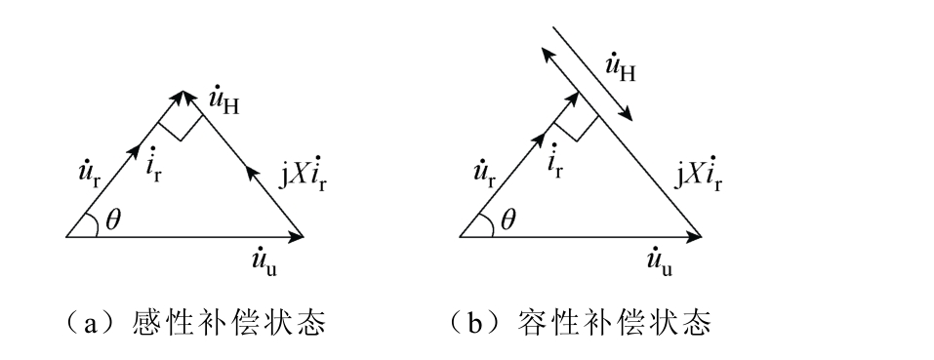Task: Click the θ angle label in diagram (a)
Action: point(113,220)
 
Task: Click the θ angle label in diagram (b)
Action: point(508,220)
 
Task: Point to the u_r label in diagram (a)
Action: point(88,176)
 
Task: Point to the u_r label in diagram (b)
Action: point(483,176)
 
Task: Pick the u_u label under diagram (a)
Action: point(264,261)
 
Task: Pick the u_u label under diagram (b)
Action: point(660,261)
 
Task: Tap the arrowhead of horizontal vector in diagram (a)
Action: point(297,237)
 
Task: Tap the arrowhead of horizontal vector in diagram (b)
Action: point(693,237)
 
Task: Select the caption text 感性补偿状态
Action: point(228,324)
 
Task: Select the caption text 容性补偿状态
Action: point(614,324)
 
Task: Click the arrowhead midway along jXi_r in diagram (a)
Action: point(253,174)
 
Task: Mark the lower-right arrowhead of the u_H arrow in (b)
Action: point(626,113)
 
